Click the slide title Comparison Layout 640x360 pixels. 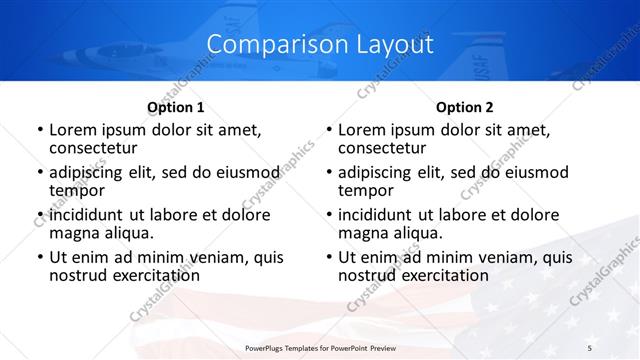tap(320, 45)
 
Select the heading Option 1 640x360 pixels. tap(176, 107)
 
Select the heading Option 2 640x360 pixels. tap(464, 107)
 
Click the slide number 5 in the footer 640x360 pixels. tap(589, 347)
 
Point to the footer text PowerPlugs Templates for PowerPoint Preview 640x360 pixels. tap(320, 347)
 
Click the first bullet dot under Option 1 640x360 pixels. tap(39, 130)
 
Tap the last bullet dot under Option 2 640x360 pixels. tap(328, 258)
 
